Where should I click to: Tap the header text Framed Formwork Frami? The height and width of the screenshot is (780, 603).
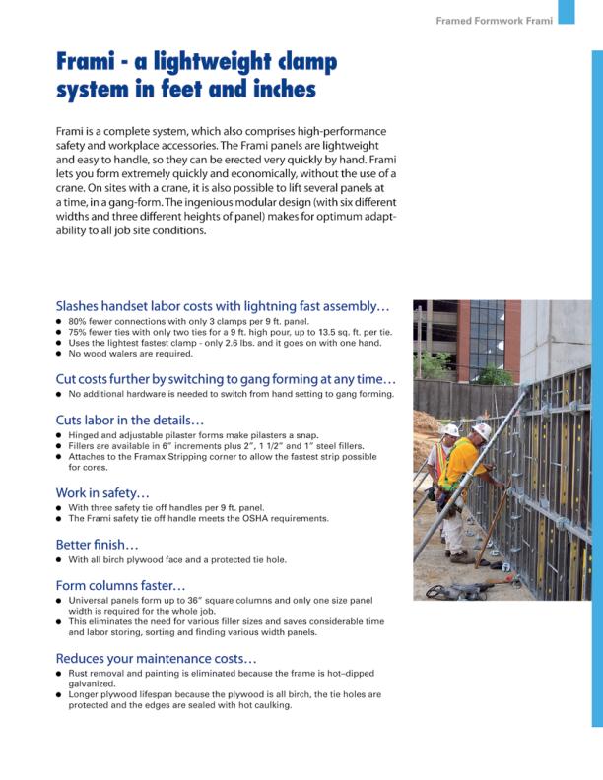click(494, 20)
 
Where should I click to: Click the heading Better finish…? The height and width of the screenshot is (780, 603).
click(98, 543)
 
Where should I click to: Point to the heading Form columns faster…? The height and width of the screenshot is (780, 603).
click(121, 584)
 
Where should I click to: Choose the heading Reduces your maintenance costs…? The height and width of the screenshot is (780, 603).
click(157, 657)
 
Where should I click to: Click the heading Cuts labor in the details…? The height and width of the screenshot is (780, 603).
click(130, 419)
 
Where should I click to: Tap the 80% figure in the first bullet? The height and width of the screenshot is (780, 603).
click(79, 322)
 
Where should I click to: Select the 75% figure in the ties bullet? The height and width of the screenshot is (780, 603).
click(79, 332)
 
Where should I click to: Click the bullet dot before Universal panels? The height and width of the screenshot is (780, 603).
click(59, 601)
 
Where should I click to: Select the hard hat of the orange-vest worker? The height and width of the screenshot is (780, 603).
click(450, 430)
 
